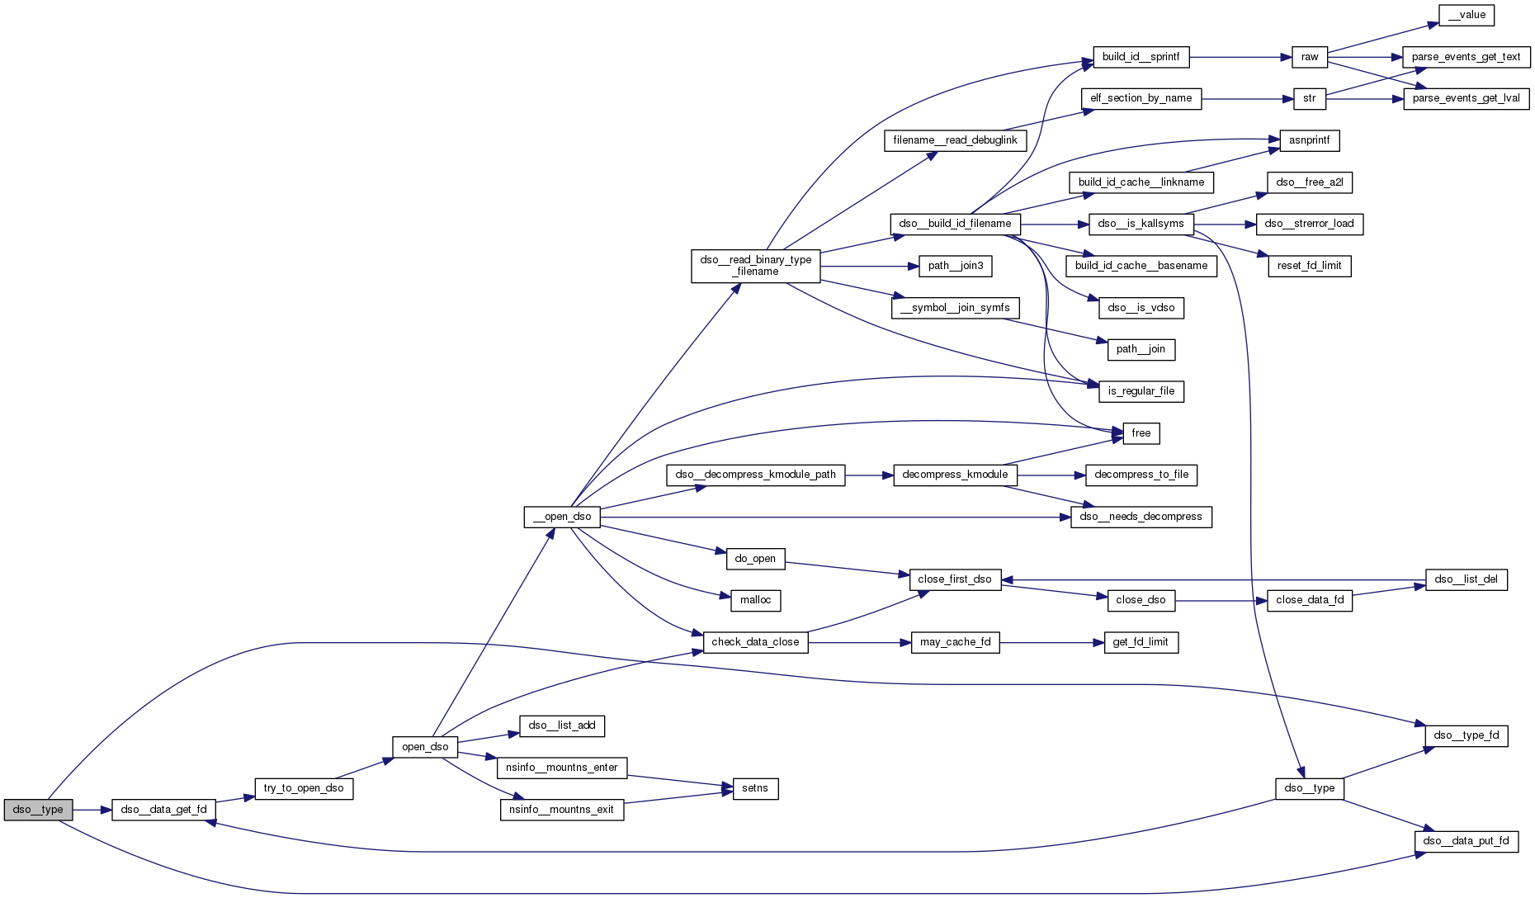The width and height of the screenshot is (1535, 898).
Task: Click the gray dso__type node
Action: tap(38, 810)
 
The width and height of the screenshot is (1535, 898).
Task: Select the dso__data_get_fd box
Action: tap(163, 810)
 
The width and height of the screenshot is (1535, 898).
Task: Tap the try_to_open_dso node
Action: tap(304, 788)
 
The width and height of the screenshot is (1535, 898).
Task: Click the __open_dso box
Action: tap(562, 517)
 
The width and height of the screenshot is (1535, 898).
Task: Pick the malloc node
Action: tap(755, 600)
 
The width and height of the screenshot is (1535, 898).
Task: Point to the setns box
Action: tap(754, 788)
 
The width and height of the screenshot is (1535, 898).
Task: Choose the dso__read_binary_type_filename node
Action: tap(756, 266)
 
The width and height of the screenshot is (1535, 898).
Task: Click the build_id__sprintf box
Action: tap(1141, 57)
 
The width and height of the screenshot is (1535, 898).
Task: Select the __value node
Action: tap(1467, 15)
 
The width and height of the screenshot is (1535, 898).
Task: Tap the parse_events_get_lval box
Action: tap(1466, 98)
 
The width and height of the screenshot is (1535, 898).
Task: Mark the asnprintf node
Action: tap(1309, 140)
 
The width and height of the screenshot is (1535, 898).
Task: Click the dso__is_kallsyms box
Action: tap(1141, 224)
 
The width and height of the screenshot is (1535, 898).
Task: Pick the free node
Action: tap(1141, 433)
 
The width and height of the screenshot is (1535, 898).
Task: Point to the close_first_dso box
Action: tap(955, 579)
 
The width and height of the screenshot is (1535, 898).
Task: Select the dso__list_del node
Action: tap(1466, 579)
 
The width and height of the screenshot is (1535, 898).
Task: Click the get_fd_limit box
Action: tap(1141, 642)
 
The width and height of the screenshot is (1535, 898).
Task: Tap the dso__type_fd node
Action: tap(1467, 735)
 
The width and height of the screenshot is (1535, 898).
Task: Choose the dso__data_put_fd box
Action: tap(1467, 841)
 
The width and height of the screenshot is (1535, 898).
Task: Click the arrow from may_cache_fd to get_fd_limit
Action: tap(1051, 642)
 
